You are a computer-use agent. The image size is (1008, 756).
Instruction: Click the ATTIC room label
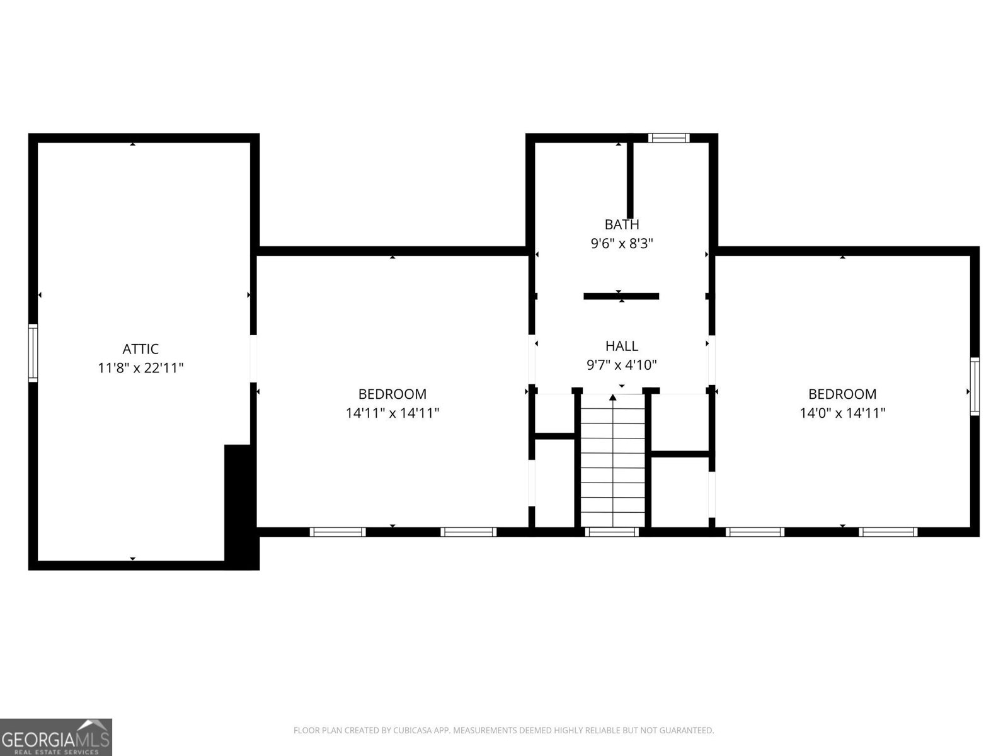pyautogui.click(x=140, y=349)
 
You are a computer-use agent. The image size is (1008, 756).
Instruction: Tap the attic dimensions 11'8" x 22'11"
pyautogui.click(x=140, y=368)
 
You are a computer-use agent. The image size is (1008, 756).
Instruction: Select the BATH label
pyautogui.click(x=622, y=225)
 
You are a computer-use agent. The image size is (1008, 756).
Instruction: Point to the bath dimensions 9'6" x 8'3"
pyautogui.click(x=622, y=244)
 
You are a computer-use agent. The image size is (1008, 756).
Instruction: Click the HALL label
pyautogui.click(x=622, y=346)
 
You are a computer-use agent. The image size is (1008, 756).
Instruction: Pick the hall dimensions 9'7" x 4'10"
pyautogui.click(x=622, y=365)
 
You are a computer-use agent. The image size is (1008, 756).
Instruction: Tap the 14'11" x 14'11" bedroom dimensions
pyautogui.click(x=392, y=413)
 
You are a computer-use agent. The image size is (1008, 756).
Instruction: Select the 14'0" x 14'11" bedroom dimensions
pyautogui.click(x=842, y=413)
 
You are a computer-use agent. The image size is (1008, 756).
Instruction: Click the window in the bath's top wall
pyautogui.click(x=669, y=138)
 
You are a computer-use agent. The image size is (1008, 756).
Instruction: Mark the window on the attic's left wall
pyautogui.click(x=33, y=353)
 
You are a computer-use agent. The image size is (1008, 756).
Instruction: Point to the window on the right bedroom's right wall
pyautogui.click(x=975, y=386)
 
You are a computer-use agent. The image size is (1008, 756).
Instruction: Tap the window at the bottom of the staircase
pyautogui.click(x=612, y=532)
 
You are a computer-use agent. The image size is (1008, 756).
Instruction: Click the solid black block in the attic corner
pyautogui.click(x=241, y=504)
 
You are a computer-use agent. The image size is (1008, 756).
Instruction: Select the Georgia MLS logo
pyautogui.click(x=56, y=736)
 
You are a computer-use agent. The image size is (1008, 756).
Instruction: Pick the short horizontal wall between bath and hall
pyautogui.click(x=621, y=296)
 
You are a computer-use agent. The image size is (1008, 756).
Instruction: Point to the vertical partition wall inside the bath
pyautogui.click(x=629, y=180)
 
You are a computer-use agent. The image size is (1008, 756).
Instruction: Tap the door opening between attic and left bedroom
pyautogui.click(x=254, y=358)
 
